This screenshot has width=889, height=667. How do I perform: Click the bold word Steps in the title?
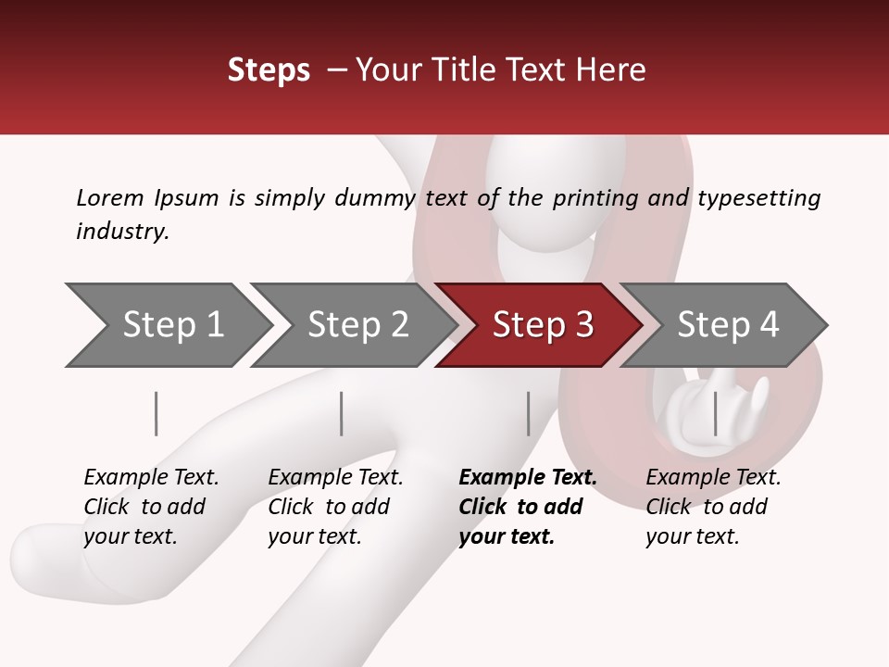269,70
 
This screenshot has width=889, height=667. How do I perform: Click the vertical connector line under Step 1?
157,413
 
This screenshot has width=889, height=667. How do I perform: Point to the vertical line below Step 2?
342,413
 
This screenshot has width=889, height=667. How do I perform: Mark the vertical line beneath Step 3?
528,413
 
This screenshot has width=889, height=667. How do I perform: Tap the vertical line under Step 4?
715,413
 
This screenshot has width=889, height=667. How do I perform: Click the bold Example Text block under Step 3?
527,507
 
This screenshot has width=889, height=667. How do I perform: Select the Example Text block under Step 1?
151,507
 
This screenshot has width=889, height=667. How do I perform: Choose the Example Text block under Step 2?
335,507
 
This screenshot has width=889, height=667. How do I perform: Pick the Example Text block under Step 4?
713,507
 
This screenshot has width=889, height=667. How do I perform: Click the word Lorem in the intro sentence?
110,198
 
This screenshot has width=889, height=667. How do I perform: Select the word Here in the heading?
611,70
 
